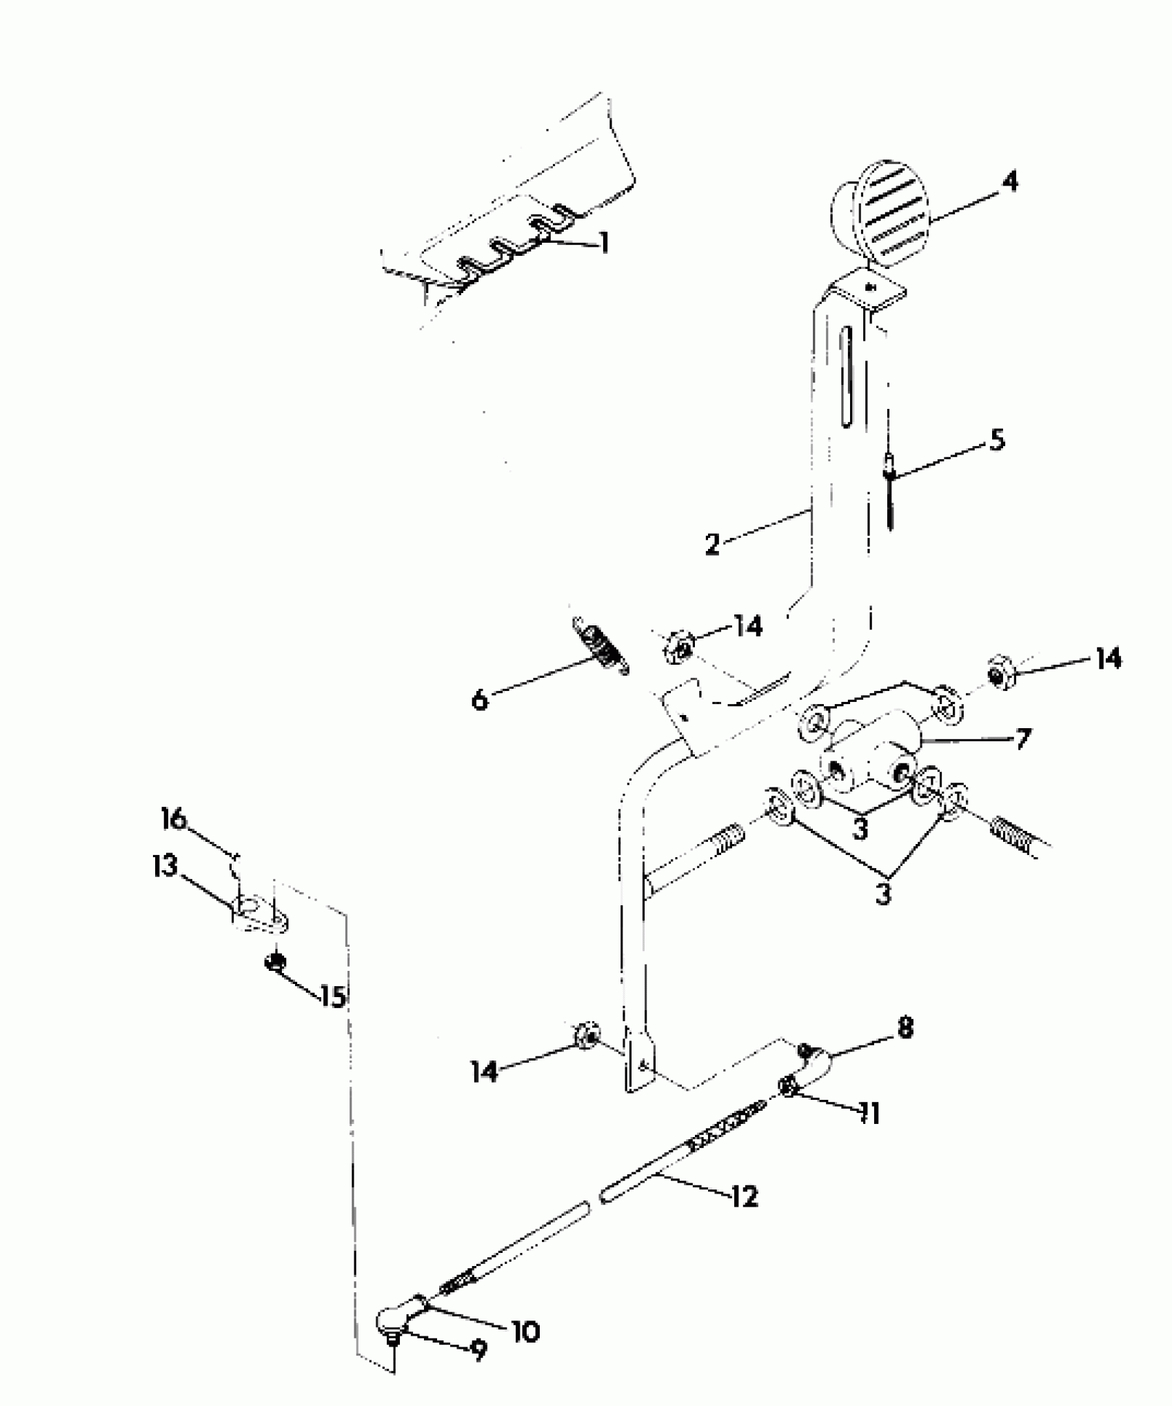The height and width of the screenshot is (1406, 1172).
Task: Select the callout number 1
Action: coord(604,242)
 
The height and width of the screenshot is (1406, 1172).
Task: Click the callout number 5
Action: coord(997,439)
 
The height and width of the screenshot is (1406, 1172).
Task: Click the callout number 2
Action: coord(713,543)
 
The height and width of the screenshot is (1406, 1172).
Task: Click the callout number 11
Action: coord(870,1112)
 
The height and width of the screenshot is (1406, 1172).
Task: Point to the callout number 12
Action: coord(744,1196)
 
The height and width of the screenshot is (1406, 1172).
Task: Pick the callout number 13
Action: coord(165,867)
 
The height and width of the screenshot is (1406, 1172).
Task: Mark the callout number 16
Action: coord(174,819)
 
